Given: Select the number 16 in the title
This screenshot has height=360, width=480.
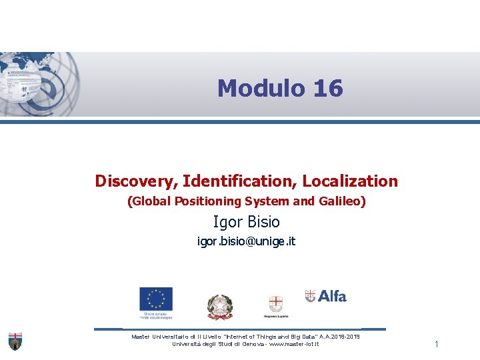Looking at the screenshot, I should (x=327, y=88).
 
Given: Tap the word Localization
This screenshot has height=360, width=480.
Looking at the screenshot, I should (x=350, y=181).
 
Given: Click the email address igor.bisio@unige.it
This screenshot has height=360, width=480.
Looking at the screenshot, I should (x=246, y=241).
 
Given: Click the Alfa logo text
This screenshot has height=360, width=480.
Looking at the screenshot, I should (x=331, y=296).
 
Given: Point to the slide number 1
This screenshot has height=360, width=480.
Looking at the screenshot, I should (x=436, y=344).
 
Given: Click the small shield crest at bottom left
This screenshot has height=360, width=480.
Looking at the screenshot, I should (x=15, y=340).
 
